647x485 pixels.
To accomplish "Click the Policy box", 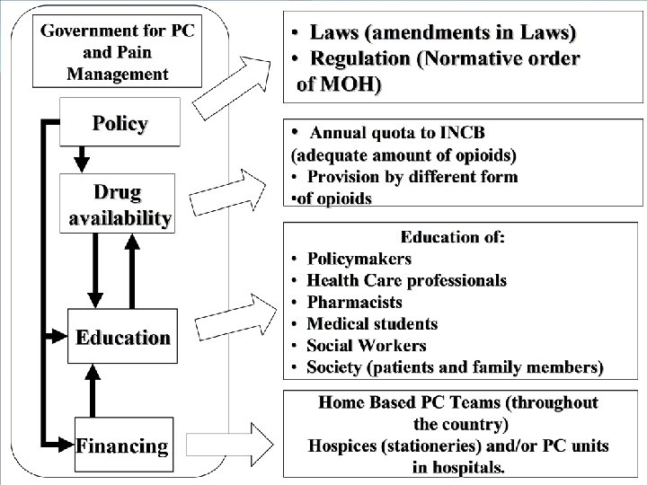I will (120, 124).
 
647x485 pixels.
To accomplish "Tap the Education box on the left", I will (122, 338).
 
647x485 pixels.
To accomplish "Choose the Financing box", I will (122, 445).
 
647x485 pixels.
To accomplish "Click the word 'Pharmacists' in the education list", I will (354, 303).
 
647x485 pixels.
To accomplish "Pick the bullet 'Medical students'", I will (372, 323).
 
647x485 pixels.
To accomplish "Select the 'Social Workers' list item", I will (367, 345).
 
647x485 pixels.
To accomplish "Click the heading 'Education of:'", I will (453, 237).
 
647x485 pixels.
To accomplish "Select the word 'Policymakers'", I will (359, 260).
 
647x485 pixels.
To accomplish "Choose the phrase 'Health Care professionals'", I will (406, 281).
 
